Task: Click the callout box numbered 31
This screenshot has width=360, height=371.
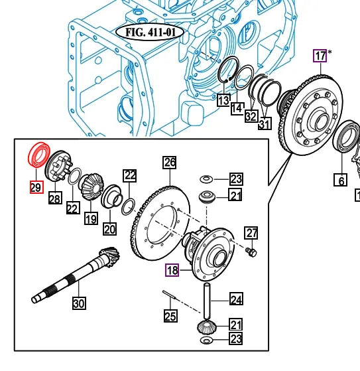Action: click(265, 123)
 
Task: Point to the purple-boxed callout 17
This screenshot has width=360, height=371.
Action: click(321, 56)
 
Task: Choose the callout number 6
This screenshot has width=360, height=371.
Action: click(341, 180)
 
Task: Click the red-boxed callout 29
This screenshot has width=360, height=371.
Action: click(35, 187)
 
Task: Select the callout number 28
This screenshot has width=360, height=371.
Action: click(54, 198)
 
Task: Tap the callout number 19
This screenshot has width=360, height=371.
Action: click(90, 218)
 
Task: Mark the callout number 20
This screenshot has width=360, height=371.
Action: click(109, 229)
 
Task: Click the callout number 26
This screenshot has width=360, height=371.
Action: click(170, 162)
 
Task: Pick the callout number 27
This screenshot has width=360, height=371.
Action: click(251, 233)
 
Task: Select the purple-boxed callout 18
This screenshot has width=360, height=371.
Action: click(172, 270)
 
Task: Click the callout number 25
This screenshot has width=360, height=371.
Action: click(170, 316)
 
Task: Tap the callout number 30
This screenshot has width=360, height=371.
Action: click(79, 304)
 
